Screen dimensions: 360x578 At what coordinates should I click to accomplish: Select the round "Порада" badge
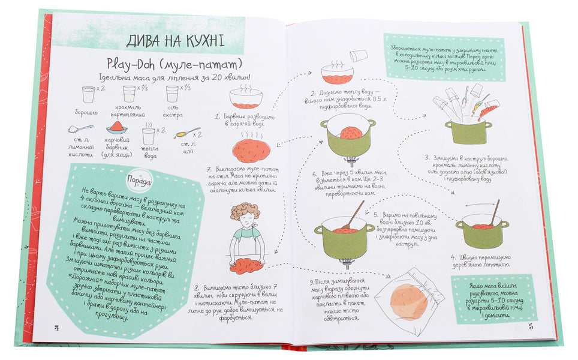pos(137,181)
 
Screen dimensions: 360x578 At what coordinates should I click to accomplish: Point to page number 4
pos(58,327)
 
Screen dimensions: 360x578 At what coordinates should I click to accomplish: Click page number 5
pos(531,326)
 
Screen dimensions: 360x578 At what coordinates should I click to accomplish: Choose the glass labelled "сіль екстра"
pos(173,94)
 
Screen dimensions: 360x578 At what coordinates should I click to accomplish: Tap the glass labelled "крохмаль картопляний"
pos(129,94)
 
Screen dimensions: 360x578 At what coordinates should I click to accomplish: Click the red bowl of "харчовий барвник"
pos(118,128)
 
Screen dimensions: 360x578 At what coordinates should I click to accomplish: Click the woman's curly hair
pos(245,212)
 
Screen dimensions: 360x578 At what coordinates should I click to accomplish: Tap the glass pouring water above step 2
pos(359,56)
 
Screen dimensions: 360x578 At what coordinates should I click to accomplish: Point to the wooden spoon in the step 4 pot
pos(495,212)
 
